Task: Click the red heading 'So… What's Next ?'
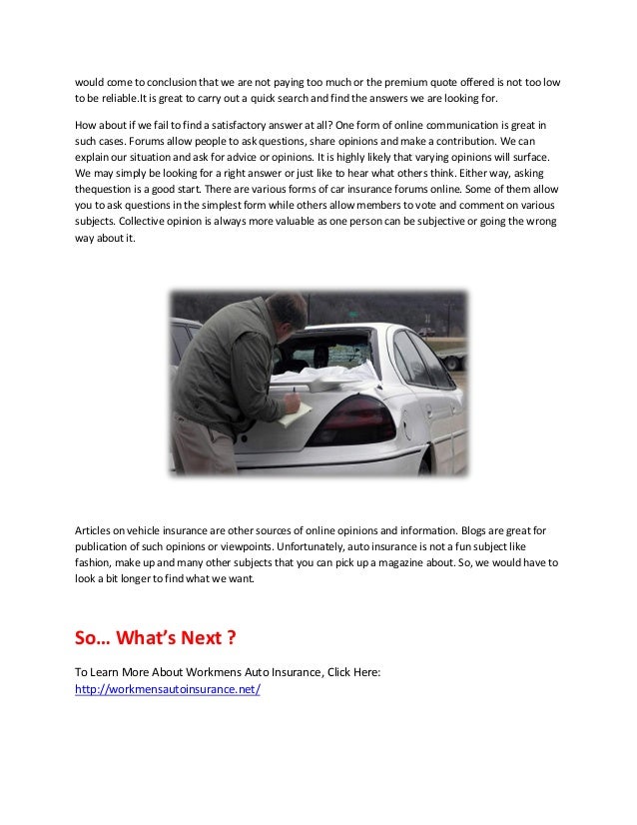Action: pos(155,638)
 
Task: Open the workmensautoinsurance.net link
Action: pos(168,689)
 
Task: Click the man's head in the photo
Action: pos(287,313)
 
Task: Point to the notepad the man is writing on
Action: pos(295,412)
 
